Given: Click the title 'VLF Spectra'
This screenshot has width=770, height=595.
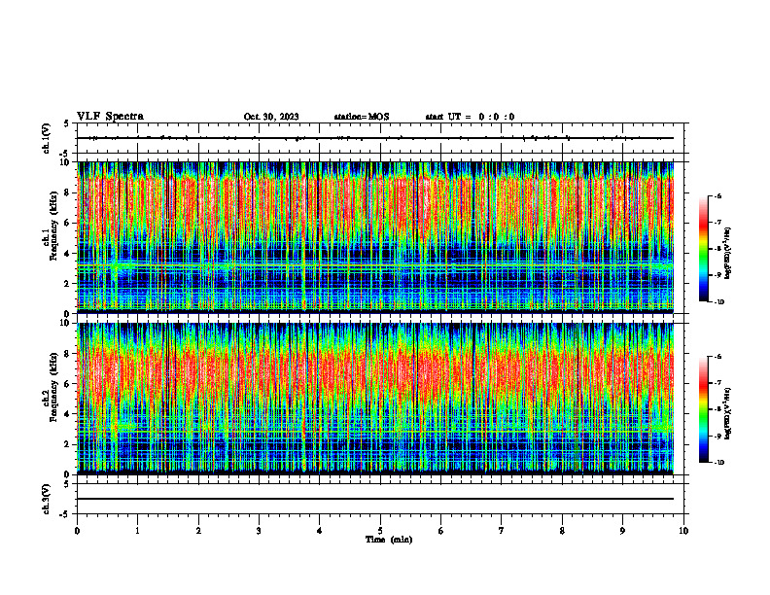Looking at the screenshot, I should (x=110, y=117).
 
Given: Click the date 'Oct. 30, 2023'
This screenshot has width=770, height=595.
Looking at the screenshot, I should (x=271, y=117).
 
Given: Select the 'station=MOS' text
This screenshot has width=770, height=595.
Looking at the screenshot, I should (x=361, y=117).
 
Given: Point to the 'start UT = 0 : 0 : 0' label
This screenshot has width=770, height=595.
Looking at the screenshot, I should (x=470, y=117).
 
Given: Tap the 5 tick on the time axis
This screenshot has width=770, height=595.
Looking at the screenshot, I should (x=380, y=531).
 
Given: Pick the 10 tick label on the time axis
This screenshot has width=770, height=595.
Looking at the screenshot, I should (x=683, y=531).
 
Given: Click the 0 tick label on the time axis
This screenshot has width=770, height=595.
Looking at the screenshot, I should (x=77, y=531).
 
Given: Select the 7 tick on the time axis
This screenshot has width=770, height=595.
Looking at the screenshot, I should (x=502, y=531).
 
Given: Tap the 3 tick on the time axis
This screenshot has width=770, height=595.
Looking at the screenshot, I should (x=259, y=531).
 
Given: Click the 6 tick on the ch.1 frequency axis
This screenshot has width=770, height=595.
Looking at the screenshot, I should (x=66, y=223).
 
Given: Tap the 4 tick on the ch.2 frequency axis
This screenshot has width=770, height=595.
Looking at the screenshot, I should (x=66, y=413).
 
